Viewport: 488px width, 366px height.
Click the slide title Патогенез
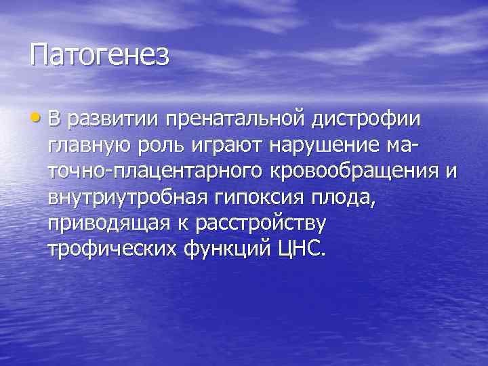(99, 55)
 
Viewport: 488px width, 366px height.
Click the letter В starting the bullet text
(54, 119)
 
